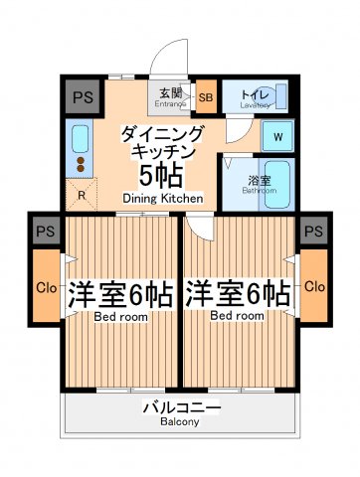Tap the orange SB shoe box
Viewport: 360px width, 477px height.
coord(206,97)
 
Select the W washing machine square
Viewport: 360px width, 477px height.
coord(277,136)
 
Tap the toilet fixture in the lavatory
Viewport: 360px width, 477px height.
coord(279,97)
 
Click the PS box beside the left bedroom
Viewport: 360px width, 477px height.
coord(45,231)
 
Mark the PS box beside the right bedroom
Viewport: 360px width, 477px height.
coord(314,231)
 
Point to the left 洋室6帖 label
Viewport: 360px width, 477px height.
coord(120,296)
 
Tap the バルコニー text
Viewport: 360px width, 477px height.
coord(180,407)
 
